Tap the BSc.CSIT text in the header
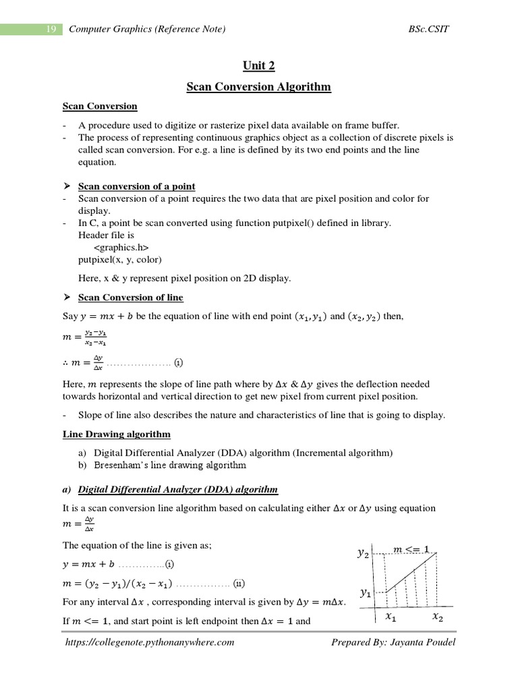(x=428, y=29)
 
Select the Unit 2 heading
(x=259, y=65)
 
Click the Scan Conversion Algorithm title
(x=259, y=86)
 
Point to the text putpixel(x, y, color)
(x=120, y=260)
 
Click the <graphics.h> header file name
(x=121, y=248)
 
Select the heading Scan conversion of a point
(x=137, y=186)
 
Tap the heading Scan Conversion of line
(x=131, y=298)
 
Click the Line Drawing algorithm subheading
(x=117, y=434)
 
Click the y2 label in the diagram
(x=363, y=553)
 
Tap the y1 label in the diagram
(x=365, y=593)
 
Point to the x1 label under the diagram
(x=391, y=617)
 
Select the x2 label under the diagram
(x=437, y=617)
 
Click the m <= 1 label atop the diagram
(x=411, y=549)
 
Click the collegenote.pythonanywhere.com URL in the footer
(x=150, y=642)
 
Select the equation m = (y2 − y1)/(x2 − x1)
(x=117, y=583)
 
